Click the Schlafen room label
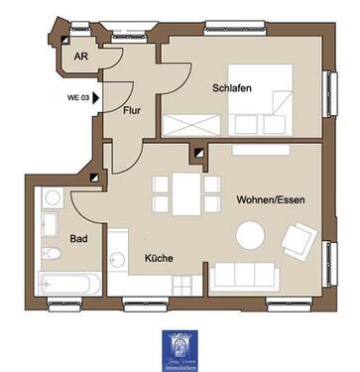pos(230,88)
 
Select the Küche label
pos(159,258)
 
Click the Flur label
pos(134,110)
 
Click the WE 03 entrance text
pos(78,97)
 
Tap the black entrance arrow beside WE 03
pos(97,97)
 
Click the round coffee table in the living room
pos(250,235)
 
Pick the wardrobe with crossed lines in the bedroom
pos(195,125)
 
